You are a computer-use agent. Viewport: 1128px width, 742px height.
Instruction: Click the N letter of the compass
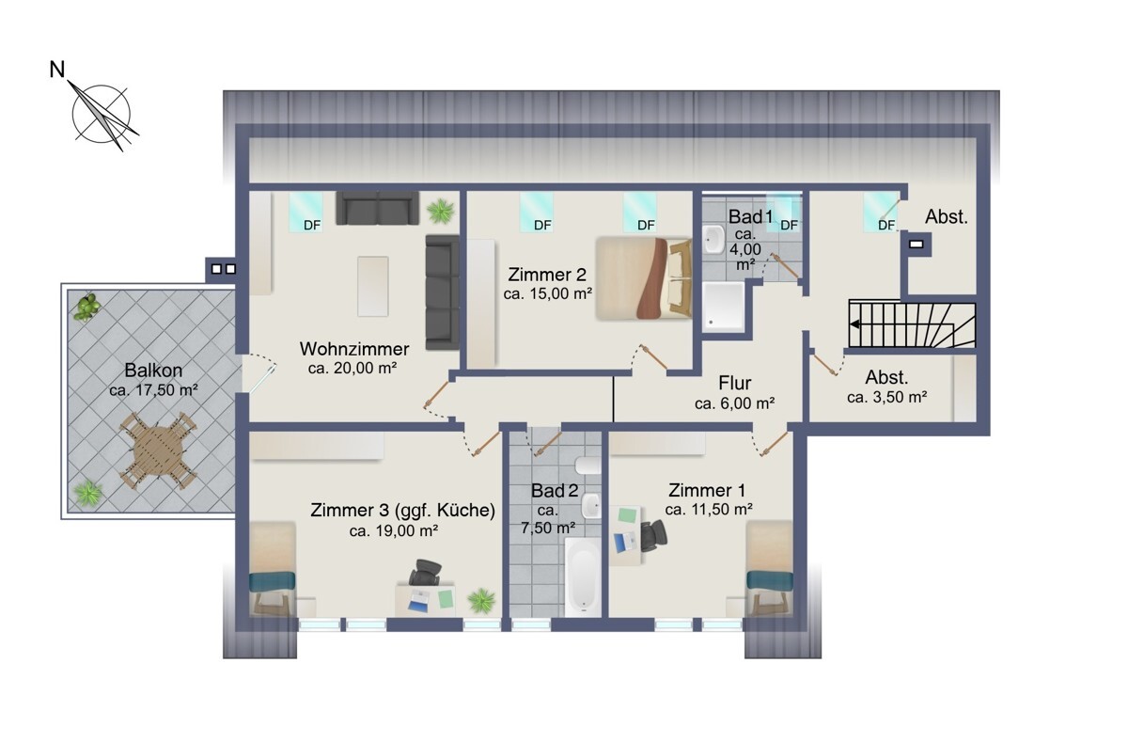[57, 70]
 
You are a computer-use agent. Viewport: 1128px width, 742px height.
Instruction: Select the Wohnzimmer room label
[354, 349]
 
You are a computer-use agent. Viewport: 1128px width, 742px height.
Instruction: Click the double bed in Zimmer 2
[644, 278]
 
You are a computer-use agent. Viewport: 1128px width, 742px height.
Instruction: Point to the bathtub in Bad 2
[583, 577]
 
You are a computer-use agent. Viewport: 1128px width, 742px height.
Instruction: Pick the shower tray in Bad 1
[724, 307]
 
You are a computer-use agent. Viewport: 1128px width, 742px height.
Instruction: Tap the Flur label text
[735, 383]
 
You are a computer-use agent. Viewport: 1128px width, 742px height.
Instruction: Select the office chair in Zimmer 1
[653, 535]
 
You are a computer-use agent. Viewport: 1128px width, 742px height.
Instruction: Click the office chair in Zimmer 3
[426, 572]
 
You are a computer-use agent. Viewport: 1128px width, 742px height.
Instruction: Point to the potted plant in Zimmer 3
[481, 600]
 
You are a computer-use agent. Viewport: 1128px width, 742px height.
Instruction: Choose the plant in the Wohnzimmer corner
[441, 211]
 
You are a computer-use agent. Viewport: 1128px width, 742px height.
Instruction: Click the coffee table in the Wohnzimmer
[372, 286]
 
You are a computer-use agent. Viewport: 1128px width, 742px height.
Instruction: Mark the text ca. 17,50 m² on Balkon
[153, 390]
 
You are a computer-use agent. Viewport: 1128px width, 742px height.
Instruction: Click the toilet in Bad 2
[588, 466]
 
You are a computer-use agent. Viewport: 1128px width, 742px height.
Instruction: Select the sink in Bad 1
[713, 239]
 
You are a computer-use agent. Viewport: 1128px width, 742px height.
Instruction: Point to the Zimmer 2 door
[653, 356]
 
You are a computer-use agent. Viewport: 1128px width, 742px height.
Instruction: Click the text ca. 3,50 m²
[886, 398]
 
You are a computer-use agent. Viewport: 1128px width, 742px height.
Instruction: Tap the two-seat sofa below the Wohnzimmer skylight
[377, 208]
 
